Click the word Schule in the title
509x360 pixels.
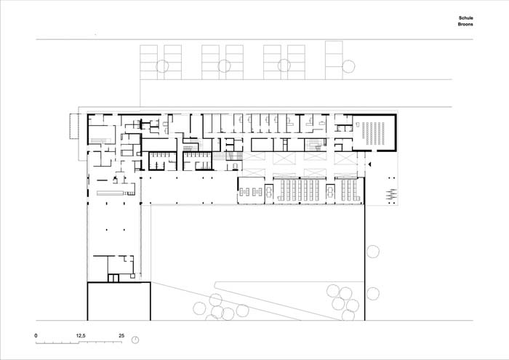(x=465, y=18)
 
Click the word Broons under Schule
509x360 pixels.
(x=465, y=24)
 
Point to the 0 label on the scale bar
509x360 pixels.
(x=36, y=336)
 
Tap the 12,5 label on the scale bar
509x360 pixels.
(x=81, y=336)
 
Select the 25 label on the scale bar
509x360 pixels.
(x=121, y=336)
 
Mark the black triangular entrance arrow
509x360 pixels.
(x=369, y=165)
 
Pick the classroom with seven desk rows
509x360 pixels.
(x=300, y=191)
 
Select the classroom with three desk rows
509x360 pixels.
(x=349, y=191)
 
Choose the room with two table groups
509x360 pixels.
(x=251, y=191)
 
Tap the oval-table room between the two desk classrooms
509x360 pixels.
(x=330, y=191)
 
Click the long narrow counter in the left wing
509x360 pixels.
(x=111, y=193)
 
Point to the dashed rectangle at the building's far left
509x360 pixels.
(x=74, y=127)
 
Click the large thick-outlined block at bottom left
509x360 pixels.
(x=119, y=301)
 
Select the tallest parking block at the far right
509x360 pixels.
(x=334, y=60)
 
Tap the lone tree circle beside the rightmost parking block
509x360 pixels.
(x=348, y=66)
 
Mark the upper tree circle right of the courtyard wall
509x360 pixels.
(x=372, y=252)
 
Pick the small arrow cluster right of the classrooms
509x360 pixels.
(x=392, y=194)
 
